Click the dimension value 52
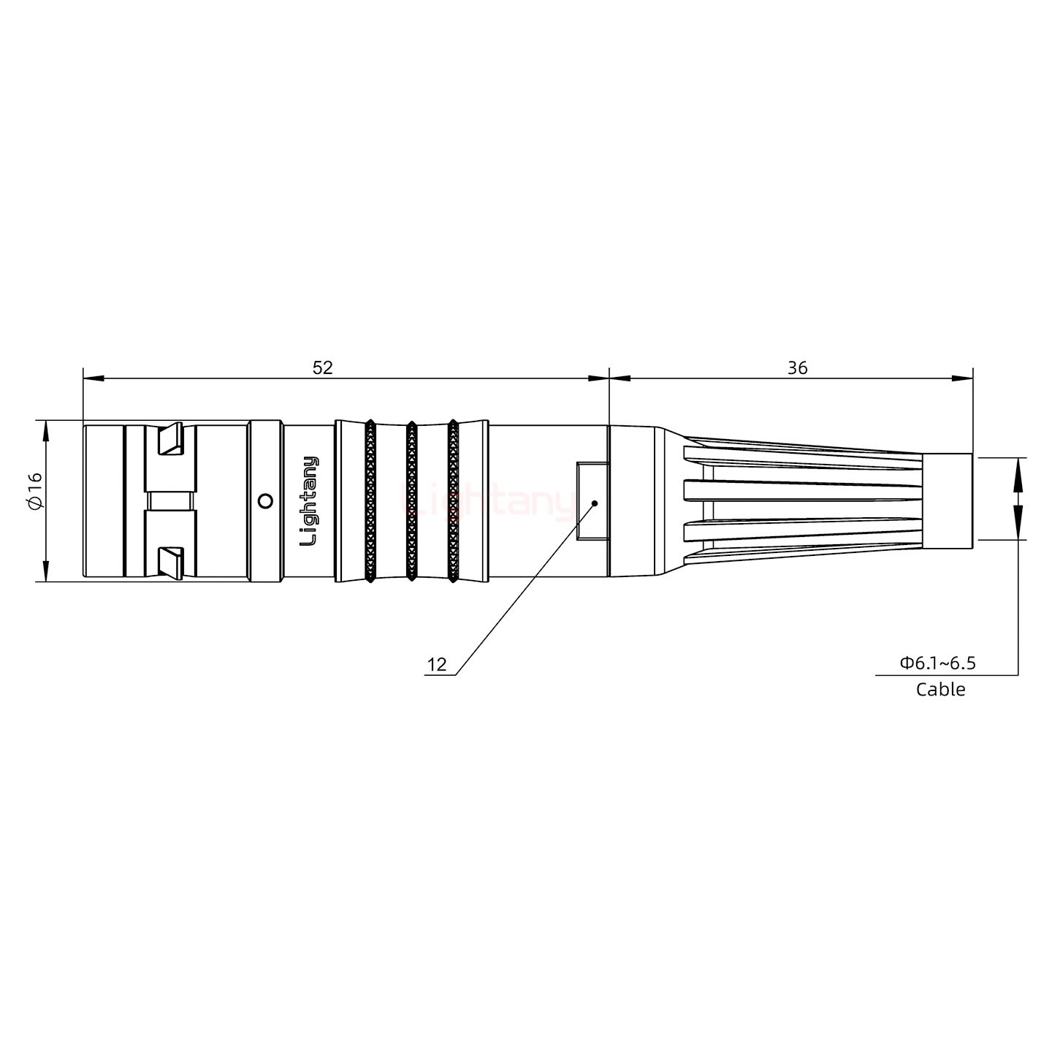tap(322, 367)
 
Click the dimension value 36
tap(797, 367)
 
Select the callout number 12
tap(437, 665)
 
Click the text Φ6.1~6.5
tap(937, 663)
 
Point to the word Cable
tap(940, 689)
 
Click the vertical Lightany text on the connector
tap(310, 501)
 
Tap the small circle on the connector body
tap(266, 501)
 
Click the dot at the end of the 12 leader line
tap(595, 503)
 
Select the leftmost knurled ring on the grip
tap(370, 501)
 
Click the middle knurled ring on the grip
tap(411, 501)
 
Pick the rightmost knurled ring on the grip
tap(453, 501)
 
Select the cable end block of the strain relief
tap(947, 501)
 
